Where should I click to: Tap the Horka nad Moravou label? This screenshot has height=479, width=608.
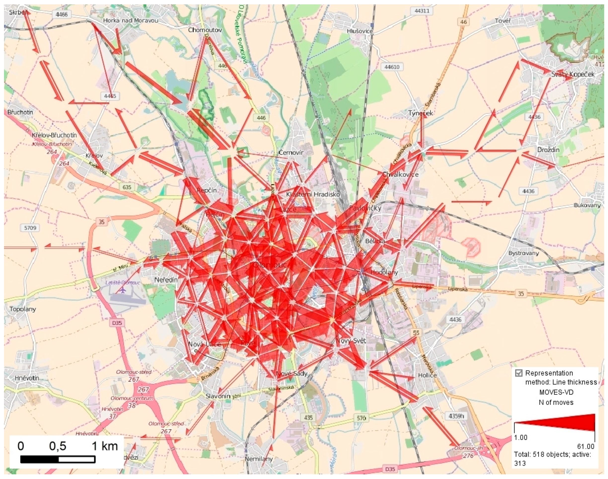[131, 20]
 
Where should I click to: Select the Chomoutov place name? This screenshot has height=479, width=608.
[205, 30]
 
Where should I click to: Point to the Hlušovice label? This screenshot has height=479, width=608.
[360, 31]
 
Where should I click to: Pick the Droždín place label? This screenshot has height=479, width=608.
[548, 150]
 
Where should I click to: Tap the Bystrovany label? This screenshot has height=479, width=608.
[524, 253]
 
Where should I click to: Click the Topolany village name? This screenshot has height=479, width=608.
[23, 309]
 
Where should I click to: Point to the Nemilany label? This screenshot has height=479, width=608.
[258, 459]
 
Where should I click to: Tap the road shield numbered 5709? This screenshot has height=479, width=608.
[30, 228]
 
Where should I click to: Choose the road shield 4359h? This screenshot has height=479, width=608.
[455, 416]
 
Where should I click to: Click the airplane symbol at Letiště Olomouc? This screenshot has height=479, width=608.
[123, 290]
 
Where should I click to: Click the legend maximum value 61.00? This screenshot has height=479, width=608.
[586, 446]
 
